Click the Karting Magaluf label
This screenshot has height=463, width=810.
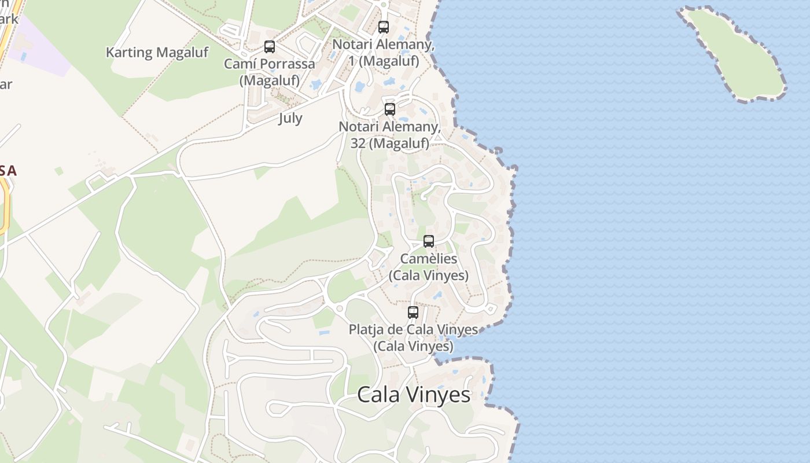157,53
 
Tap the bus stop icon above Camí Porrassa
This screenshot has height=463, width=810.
270,47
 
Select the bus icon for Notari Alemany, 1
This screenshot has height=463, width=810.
384,27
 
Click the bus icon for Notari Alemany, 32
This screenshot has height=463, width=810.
390,109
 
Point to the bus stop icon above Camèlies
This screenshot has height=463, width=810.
429,241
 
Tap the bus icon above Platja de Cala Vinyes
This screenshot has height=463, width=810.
413,313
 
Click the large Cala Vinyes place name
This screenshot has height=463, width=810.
414,395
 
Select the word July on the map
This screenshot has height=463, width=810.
290,118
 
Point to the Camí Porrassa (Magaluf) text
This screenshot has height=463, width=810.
270,72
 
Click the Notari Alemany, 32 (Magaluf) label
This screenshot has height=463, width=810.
390,134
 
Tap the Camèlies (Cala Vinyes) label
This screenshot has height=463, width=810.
429,267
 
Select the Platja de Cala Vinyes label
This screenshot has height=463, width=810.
413,337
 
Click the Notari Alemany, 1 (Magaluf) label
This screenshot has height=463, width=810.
384,52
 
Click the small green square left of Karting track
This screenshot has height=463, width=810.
58,171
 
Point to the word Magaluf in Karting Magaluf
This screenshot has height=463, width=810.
182,53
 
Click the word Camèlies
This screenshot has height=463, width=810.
429,259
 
